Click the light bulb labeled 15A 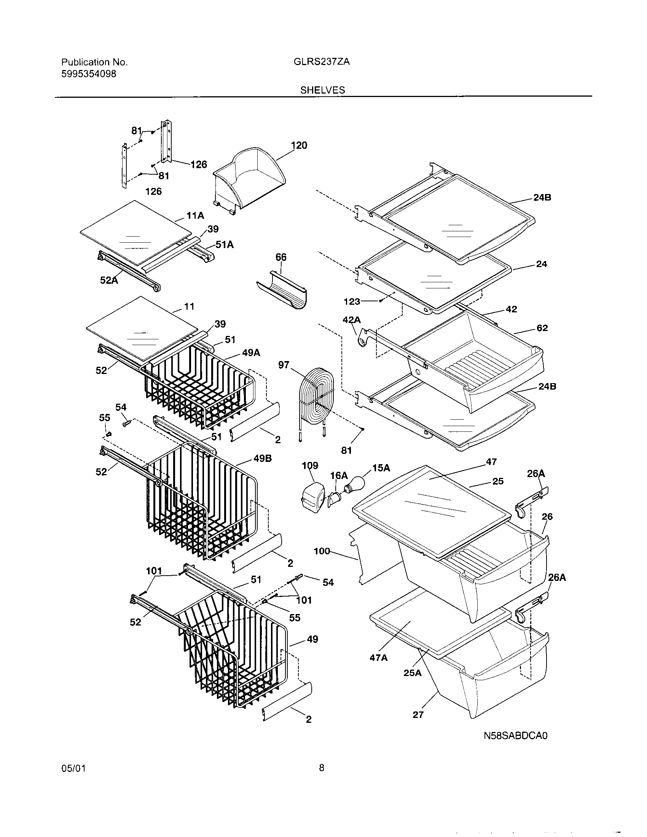tap(355, 483)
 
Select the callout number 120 tap(299, 145)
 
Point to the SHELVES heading tap(323, 90)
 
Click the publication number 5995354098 tap(89, 74)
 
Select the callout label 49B tap(263, 458)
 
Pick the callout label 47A tap(378, 658)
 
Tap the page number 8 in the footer tap(322, 778)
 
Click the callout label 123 tap(352, 302)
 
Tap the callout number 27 tap(418, 714)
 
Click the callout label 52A tap(109, 280)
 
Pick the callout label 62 tap(542, 328)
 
